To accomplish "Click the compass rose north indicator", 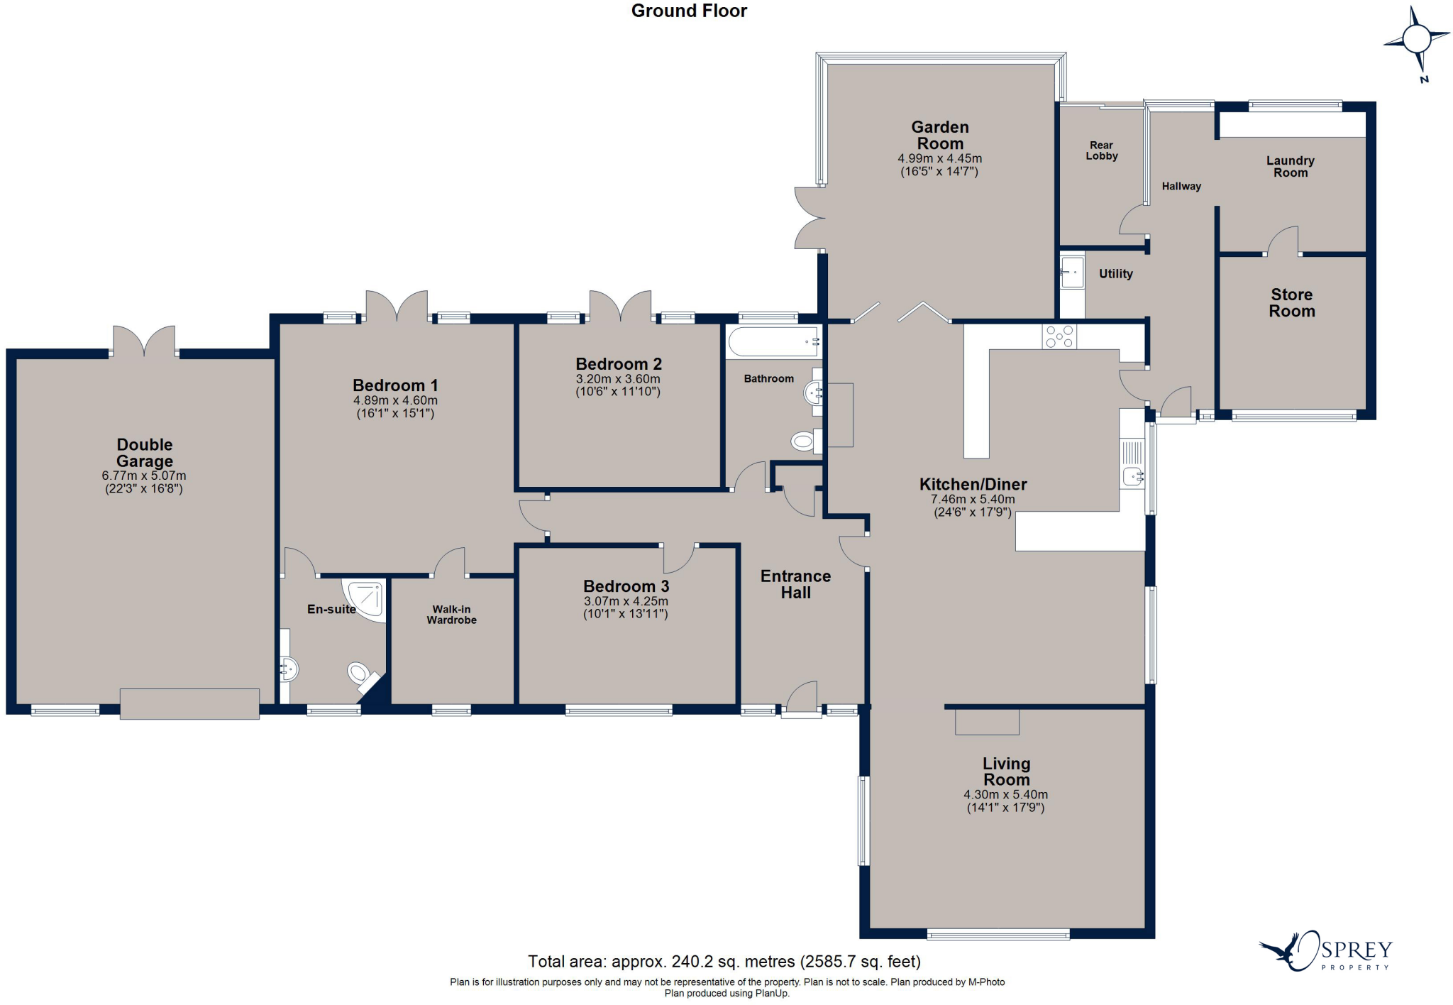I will click(x=1417, y=40).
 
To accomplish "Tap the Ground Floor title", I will click(x=689, y=11).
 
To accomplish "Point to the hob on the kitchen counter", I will click(x=1059, y=336).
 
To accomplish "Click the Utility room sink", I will click(x=1072, y=272).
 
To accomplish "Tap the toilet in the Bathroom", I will click(x=805, y=441).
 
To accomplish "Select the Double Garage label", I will click(x=145, y=453).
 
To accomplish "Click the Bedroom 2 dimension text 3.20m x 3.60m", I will click(x=618, y=379).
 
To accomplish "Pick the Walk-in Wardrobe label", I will click(x=451, y=615).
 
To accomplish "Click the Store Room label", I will click(x=1292, y=303).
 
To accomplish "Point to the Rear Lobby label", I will click(x=1101, y=150).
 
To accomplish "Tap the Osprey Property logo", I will click(x=1326, y=952).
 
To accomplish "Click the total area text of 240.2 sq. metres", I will click(x=724, y=962).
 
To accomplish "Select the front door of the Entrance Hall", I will click(x=802, y=699).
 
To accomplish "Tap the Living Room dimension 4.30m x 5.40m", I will click(x=1005, y=795).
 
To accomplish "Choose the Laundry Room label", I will click(x=1290, y=167).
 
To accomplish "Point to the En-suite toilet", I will click(x=358, y=672).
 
